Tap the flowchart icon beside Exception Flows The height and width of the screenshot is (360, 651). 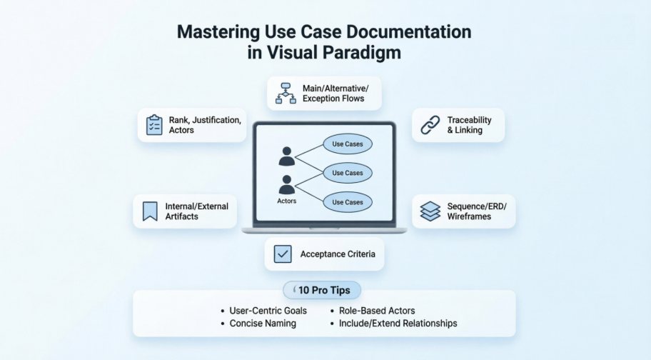pos(286,93)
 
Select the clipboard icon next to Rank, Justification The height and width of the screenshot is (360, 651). pos(154,125)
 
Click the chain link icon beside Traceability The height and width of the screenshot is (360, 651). pos(429,125)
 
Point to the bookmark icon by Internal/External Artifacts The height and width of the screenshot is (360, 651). pos(150,211)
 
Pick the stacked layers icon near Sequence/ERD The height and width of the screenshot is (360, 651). pos(430,211)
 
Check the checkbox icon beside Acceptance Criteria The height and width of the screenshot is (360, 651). pos(283,254)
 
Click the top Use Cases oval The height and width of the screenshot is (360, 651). pos(348,144)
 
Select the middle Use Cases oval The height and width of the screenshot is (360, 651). pos(348,173)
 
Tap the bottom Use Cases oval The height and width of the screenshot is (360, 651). pos(348,202)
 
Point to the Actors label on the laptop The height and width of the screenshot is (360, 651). pos(286,201)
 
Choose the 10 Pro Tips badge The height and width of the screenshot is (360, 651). pos(322,290)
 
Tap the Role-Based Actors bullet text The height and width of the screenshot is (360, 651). pos(378,311)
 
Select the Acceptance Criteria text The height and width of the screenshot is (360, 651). pos(338,254)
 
